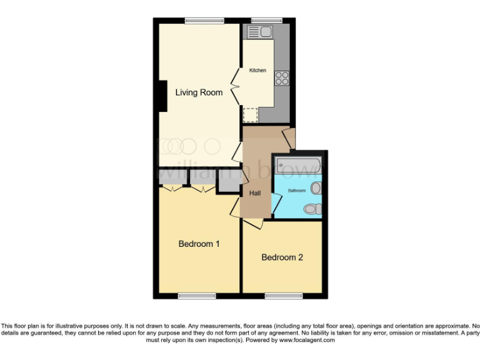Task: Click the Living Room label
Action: click(x=199, y=92)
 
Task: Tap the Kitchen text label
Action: click(x=257, y=71)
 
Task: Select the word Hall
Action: click(x=255, y=193)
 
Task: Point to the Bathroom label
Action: click(x=296, y=190)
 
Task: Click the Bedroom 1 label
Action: click(x=199, y=244)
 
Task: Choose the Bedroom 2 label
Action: click(x=282, y=257)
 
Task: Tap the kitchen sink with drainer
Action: click(x=259, y=31)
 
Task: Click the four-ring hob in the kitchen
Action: click(x=282, y=78)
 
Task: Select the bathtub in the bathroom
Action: click(x=298, y=166)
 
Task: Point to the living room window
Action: click(x=204, y=21)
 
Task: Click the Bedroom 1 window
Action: click(x=197, y=296)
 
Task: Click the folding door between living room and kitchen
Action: click(x=236, y=87)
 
